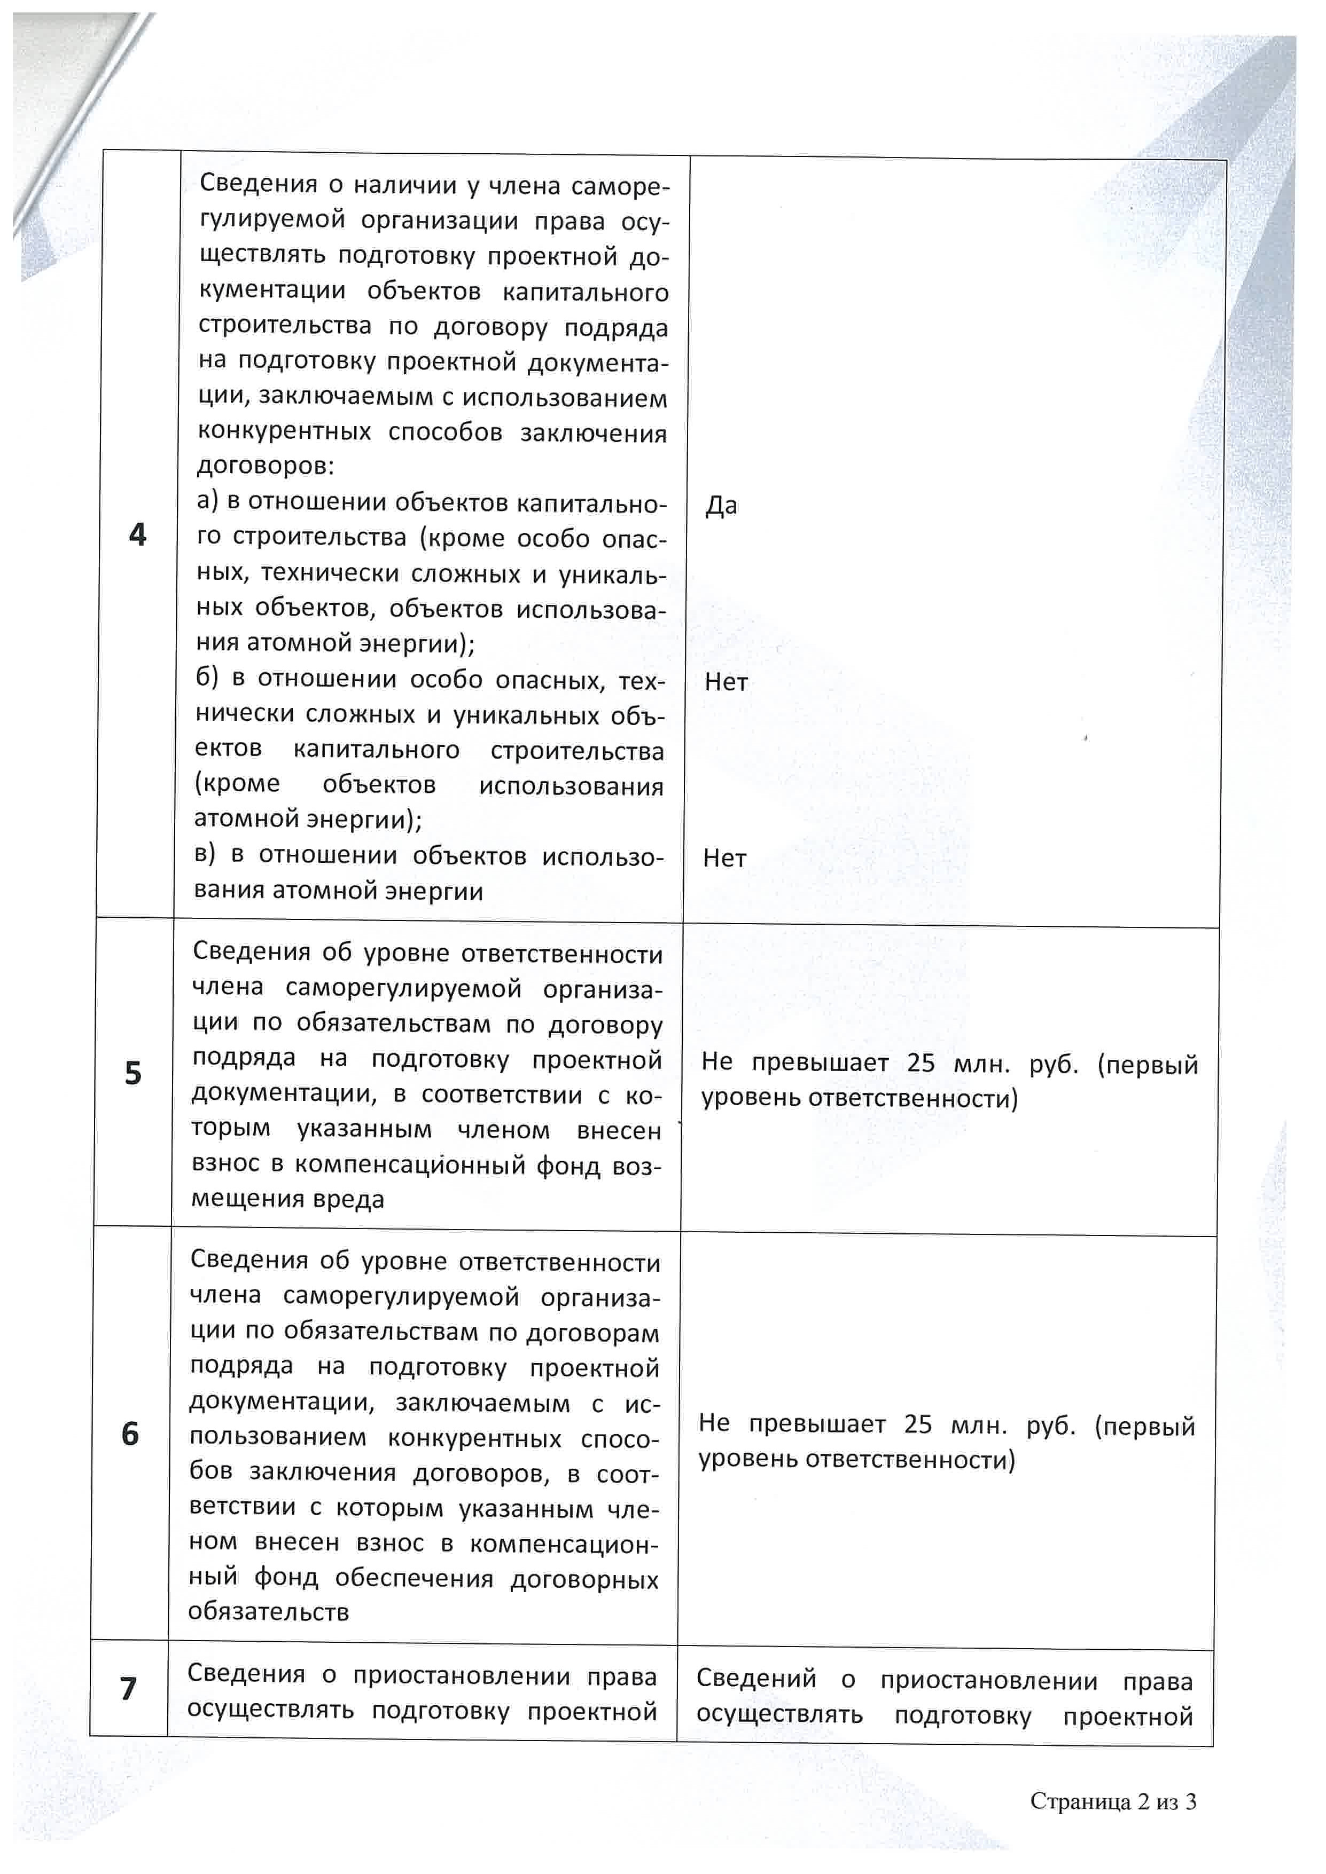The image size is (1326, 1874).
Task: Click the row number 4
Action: click(138, 534)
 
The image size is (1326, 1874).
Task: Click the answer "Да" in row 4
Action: click(721, 506)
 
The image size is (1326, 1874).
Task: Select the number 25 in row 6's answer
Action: click(918, 1424)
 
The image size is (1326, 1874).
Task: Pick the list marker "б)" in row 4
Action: click(207, 678)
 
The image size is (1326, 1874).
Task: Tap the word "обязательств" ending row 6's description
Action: click(269, 1612)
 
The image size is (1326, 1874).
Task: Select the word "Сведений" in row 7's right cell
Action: click(756, 1678)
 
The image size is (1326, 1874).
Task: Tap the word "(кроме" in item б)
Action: click(237, 784)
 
